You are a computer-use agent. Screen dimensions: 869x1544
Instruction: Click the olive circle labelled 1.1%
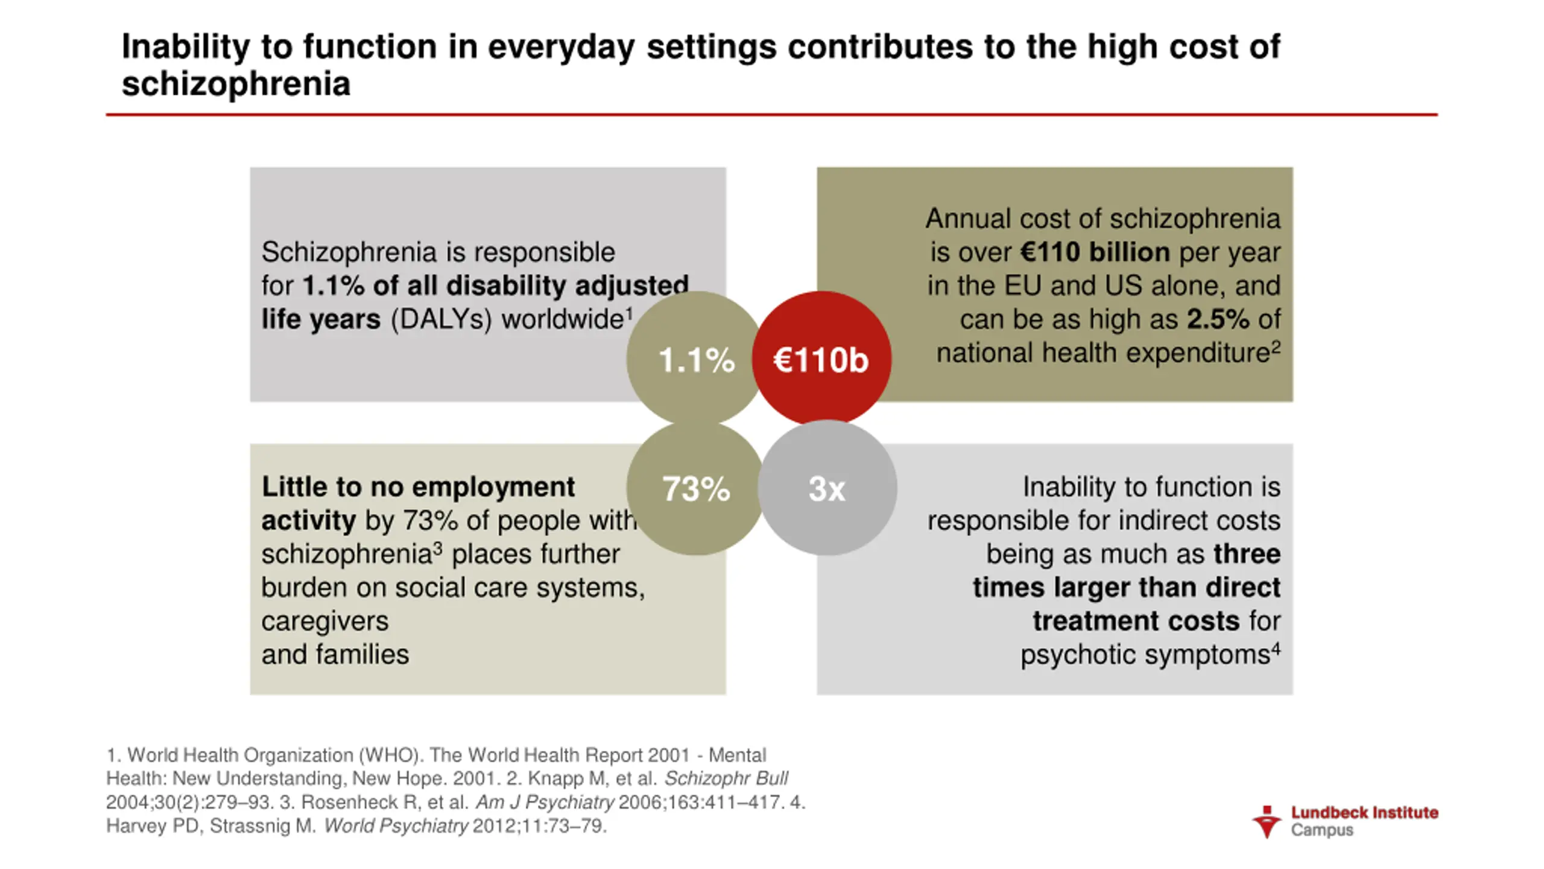coord(695,360)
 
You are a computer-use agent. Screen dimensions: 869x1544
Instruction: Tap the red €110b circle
coord(821,360)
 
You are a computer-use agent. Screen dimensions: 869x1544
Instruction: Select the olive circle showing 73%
coord(695,488)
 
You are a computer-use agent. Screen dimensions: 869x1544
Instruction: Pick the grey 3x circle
coord(827,488)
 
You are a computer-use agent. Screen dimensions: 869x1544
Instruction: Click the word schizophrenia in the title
coord(236,84)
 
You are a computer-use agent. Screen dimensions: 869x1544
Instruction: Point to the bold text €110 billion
coord(1095,252)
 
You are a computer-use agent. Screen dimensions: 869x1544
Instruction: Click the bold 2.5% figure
coord(1218,319)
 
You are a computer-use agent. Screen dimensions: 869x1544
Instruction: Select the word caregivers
coord(324,621)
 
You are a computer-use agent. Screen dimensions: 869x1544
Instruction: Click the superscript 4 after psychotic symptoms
coord(1276,648)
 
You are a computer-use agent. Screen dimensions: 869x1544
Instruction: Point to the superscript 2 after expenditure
coord(1276,346)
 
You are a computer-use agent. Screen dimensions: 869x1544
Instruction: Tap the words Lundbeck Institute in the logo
coord(1364,813)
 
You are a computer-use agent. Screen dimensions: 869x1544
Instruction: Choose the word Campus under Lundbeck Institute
coord(1322,830)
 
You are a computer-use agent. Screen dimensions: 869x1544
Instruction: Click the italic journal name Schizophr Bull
coord(726,778)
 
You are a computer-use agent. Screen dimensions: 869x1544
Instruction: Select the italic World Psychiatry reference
coord(396,826)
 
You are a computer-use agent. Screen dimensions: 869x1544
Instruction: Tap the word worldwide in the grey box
coord(563,319)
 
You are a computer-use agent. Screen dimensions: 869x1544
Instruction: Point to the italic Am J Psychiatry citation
coord(545,802)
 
